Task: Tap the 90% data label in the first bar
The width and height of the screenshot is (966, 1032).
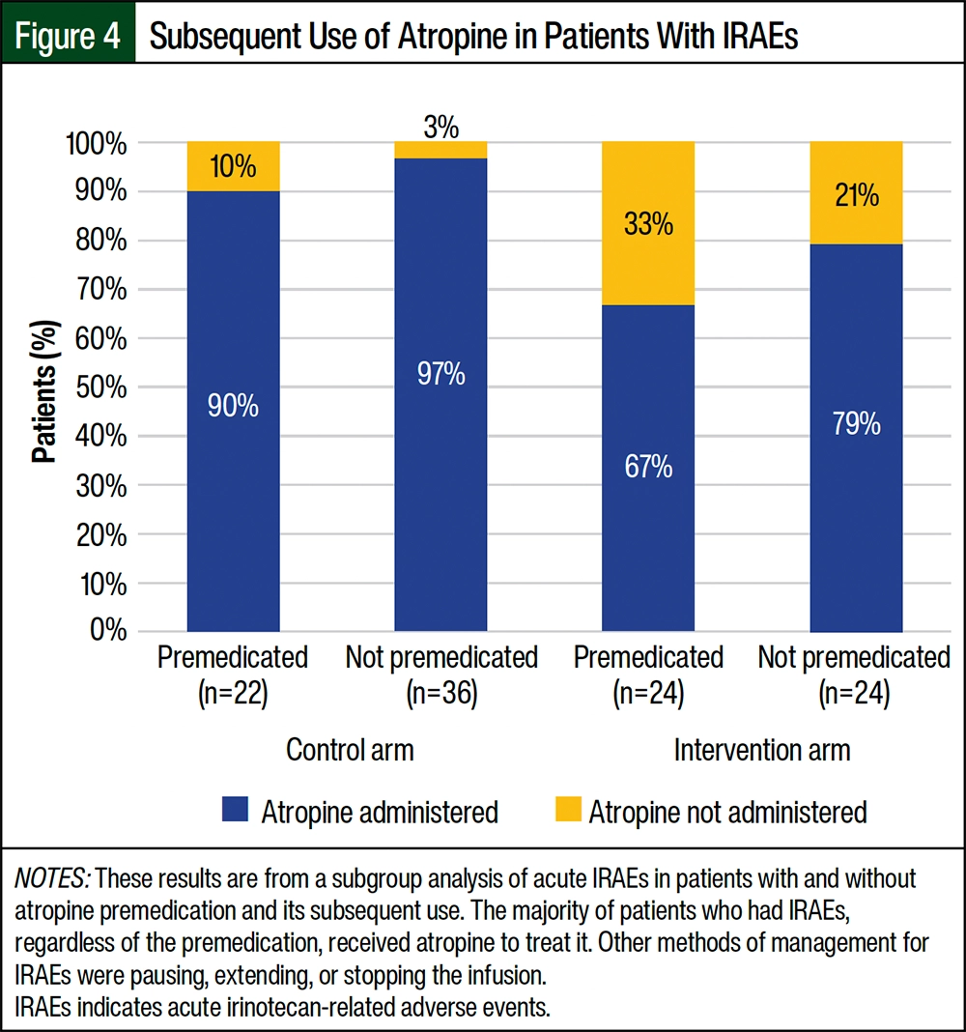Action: pyautogui.click(x=233, y=406)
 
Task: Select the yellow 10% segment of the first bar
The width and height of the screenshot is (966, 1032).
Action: pyautogui.click(x=233, y=166)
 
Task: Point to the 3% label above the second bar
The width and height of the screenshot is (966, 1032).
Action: pyautogui.click(x=440, y=127)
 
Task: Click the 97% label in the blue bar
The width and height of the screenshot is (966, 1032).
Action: pyautogui.click(x=440, y=374)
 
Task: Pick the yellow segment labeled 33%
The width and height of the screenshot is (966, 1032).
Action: pyautogui.click(x=647, y=224)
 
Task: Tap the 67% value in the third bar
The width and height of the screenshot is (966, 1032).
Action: pyautogui.click(x=647, y=467)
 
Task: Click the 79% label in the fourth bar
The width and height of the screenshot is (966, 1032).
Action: pyautogui.click(x=856, y=423)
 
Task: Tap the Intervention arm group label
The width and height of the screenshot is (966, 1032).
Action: pyautogui.click(x=762, y=751)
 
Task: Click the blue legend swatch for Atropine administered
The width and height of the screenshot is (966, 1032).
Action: pyautogui.click(x=235, y=811)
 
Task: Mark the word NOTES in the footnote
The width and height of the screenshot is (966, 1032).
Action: pyautogui.click(x=52, y=879)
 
